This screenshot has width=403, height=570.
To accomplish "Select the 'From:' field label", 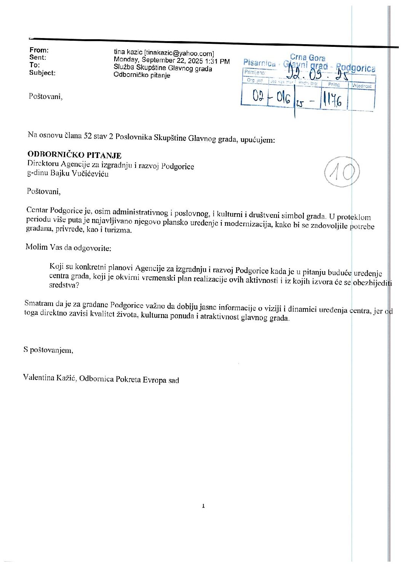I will tap(39, 50).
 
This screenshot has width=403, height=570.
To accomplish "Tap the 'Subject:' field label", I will tap(42, 73).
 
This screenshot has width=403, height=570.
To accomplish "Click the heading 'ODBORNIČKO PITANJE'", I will tap(74, 155).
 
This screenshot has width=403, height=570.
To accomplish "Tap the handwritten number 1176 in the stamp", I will tap(332, 100).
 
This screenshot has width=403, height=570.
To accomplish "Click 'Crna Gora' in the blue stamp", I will tap(307, 57).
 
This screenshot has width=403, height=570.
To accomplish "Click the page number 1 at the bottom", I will tap(203, 506).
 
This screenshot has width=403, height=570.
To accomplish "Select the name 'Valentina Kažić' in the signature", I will tap(50, 378).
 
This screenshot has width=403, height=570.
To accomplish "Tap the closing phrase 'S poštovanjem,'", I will tap(48, 350).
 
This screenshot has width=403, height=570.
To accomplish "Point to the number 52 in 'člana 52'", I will tap(88, 136).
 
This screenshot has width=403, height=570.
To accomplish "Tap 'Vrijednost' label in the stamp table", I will tap(361, 86).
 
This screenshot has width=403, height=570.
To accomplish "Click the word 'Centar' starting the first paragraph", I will tap(37, 210).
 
